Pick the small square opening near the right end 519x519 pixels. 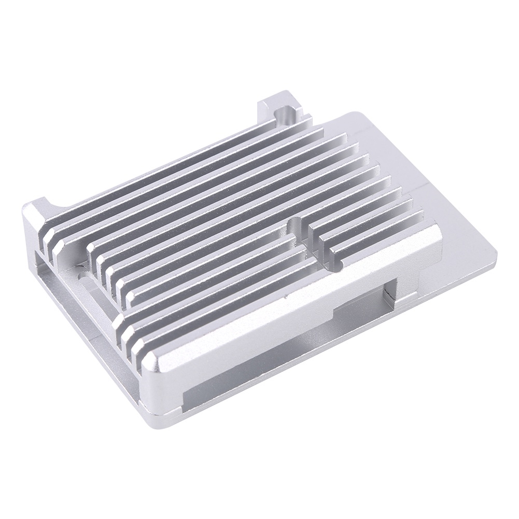click(x=391, y=296)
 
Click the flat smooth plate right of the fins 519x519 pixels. click(x=415, y=171)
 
